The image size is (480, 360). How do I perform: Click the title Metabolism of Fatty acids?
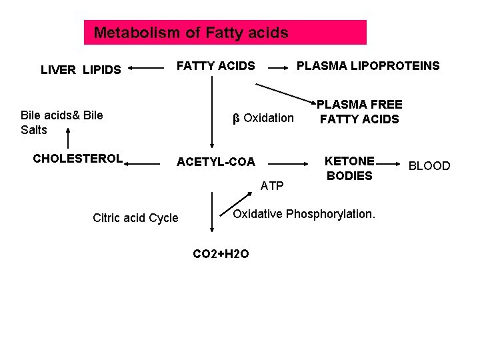tap(191, 32)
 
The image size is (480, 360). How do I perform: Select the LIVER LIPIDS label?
tap(81, 69)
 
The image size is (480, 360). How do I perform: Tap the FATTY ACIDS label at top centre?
tap(215, 65)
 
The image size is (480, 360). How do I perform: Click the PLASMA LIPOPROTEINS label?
tap(368, 65)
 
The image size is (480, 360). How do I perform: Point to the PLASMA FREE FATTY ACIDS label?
tap(359, 112)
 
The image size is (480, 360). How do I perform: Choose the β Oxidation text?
tap(263, 118)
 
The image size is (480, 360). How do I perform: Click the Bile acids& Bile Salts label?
tap(61, 122)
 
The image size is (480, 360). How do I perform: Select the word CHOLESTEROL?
tap(78, 159)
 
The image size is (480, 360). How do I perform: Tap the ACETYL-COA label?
tap(215, 162)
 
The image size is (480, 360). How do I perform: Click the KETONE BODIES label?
tap(349, 168)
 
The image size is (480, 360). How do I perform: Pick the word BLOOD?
tap(429, 165)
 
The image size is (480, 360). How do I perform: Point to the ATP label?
tap(271, 185)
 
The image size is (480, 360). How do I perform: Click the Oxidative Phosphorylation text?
tap(304, 214)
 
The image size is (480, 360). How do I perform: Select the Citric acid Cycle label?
tap(135, 218)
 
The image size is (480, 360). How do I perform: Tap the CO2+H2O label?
tap(221, 253)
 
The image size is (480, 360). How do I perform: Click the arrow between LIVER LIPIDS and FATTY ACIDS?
tap(146, 67)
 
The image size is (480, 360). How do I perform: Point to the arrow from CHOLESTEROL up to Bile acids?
tap(67, 140)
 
